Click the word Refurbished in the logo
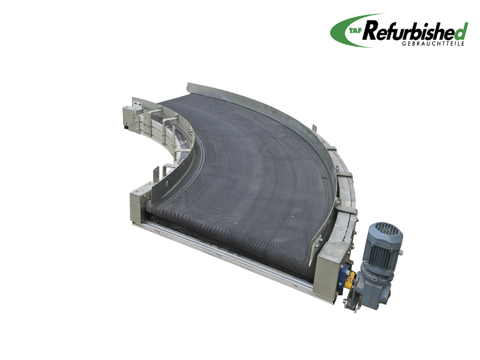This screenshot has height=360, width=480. point(415,31)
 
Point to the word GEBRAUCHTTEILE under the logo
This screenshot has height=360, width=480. point(433,43)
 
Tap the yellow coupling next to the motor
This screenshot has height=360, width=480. point(349,280)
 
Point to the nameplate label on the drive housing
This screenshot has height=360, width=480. point(331,252)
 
